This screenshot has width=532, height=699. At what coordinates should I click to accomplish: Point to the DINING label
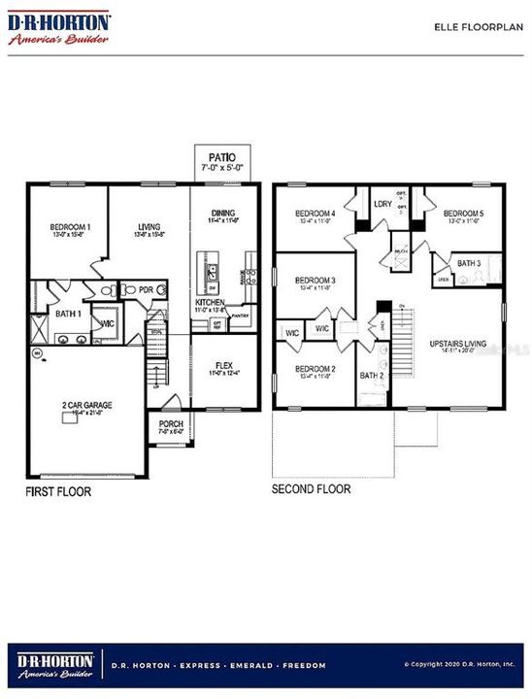pyautogui.click(x=223, y=213)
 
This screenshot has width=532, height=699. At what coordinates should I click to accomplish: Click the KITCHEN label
pyautogui.click(x=210, y=303)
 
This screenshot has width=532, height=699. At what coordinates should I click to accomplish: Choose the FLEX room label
pyautogui.click(x=223, y=365)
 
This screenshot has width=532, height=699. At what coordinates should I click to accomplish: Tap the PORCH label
pyautogui.click(x=171, y=423)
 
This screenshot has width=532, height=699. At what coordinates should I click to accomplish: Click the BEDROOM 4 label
pyautogui.click(x=316, y=213)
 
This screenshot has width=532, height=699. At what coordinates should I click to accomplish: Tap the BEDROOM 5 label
pyautogui.click(x=463, y=213)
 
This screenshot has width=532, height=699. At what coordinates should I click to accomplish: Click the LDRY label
pyautogui.click(x=382, y=203)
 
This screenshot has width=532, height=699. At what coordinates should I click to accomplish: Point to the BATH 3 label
pyautogui.click(x=470, y=263)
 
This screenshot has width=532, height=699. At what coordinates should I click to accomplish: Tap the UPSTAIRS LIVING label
pyautogui.click(x=461, y=346)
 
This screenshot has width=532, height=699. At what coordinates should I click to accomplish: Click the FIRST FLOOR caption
pyautogui.click(x=58, y=492)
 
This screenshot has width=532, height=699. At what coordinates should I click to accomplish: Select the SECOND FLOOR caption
pyautogui.click(x=312, y=489)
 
